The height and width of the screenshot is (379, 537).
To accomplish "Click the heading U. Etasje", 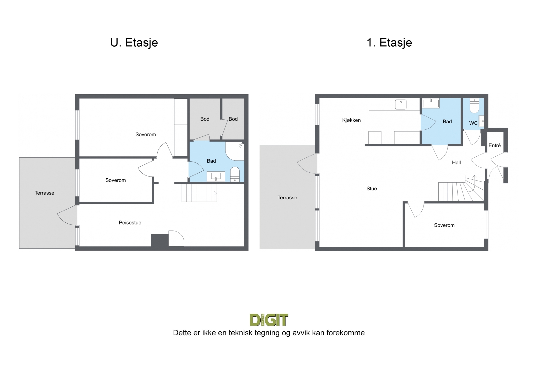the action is point(134,43).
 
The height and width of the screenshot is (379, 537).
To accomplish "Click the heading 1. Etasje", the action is point(389,43).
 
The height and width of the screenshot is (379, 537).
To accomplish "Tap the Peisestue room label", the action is point(130,223).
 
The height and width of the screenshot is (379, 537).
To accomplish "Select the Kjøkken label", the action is point(351,120).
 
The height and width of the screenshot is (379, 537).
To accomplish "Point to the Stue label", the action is point(372,189).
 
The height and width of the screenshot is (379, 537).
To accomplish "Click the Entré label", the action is point(495,145).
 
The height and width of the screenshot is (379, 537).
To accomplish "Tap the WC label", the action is point(473,123).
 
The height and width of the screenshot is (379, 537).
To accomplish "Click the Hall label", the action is point(456,163).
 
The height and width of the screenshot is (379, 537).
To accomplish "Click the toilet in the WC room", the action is point(474,106).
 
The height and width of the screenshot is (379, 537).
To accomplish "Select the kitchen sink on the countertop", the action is point(401,104).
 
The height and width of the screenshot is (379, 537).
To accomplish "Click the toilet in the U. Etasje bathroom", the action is point(235,174).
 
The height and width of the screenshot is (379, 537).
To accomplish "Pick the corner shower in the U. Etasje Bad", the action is point(235,151).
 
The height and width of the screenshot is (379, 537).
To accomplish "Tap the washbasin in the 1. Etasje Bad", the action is point(431,103).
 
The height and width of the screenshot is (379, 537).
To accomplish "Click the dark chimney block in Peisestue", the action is point(160,240).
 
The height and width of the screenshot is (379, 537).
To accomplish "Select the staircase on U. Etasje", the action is point(200,193).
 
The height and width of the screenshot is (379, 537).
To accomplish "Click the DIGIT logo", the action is point(269,320).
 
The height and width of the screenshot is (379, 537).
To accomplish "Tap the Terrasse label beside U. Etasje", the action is point(45,193).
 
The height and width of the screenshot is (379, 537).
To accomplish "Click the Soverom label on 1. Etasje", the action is point(444,225).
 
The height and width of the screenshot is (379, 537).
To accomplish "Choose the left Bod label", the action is point(205,119).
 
